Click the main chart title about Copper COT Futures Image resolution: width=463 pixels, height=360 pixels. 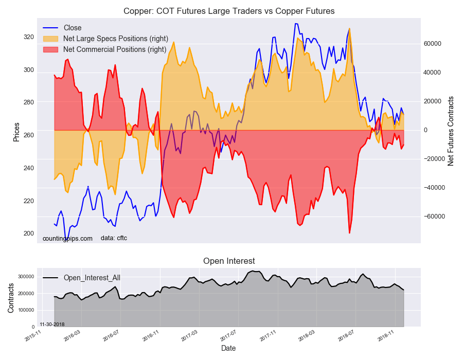228,11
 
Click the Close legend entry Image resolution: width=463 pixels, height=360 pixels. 72,28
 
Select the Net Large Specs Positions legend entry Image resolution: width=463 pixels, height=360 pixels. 115,39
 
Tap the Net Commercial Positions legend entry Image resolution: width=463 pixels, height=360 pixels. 114,49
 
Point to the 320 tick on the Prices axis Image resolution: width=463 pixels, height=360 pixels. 28,37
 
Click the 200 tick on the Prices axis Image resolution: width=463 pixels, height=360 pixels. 28,233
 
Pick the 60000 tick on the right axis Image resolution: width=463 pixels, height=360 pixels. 433,44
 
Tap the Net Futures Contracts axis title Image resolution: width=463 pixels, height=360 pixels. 451,131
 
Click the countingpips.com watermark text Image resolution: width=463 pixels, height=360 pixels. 67,238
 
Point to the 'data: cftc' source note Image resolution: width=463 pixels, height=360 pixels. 114,238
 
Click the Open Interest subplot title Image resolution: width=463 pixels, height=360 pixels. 229,261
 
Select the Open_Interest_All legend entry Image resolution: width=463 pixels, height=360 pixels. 92,278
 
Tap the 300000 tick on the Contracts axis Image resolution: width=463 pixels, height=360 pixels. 26,277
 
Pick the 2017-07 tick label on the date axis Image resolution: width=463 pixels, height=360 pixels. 229,336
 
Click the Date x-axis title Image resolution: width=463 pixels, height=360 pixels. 228,348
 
